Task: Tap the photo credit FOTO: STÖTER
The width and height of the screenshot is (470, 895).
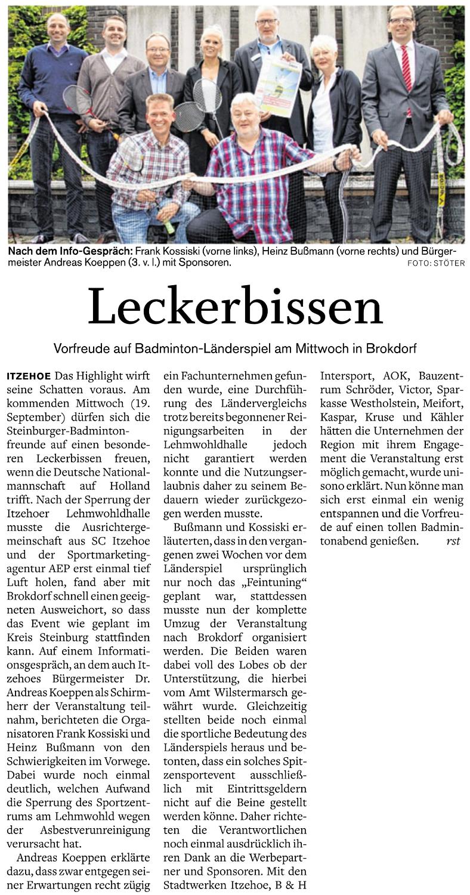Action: click(x=436, y=263)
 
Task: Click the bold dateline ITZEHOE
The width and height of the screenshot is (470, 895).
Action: click(x=28, y=376)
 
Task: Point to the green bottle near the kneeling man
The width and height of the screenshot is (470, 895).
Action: click(x=169, y=226)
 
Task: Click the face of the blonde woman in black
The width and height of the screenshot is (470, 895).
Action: click(x=214, y=44)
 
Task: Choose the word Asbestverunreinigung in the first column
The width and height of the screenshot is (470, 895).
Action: click(x=105, y=830)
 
